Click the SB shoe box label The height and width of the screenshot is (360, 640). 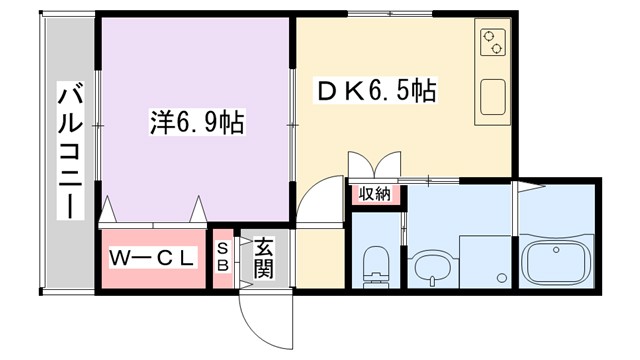223,258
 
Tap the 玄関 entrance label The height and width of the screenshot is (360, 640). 263,258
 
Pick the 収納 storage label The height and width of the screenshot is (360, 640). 376,194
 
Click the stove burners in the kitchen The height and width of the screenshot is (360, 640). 493,43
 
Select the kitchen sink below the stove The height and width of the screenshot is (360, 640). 493,96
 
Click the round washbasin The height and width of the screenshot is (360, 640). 431,268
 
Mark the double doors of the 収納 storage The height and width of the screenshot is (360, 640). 375,165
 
